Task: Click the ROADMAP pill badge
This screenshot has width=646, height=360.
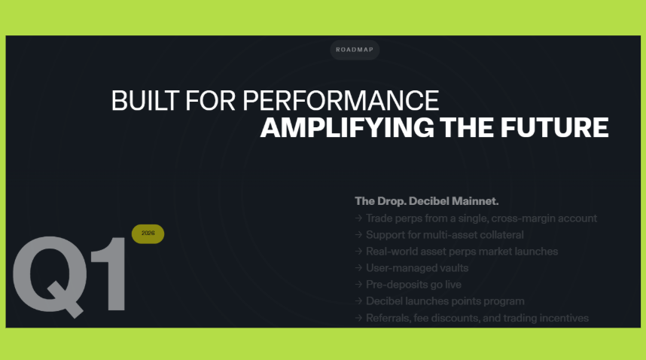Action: [355, 50]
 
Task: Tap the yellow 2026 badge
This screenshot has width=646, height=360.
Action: [148, 233]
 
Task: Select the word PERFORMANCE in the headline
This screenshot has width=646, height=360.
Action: [341, 101]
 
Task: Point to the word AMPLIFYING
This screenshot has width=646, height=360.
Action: [347, 127]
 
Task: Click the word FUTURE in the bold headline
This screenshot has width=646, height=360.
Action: [555, 127]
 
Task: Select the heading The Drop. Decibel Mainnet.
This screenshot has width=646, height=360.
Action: [426, 201]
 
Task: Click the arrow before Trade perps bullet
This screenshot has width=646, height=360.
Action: [358, 218]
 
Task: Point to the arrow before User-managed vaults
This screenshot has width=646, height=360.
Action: [358, 267]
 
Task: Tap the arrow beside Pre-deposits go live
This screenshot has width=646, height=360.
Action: [358, 284]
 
